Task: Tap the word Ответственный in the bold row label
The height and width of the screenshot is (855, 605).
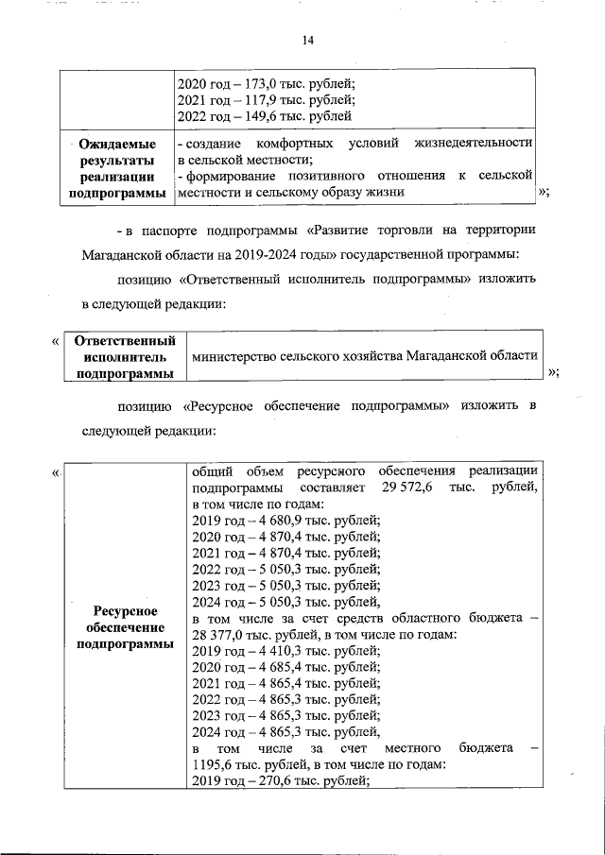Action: [125, 339]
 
